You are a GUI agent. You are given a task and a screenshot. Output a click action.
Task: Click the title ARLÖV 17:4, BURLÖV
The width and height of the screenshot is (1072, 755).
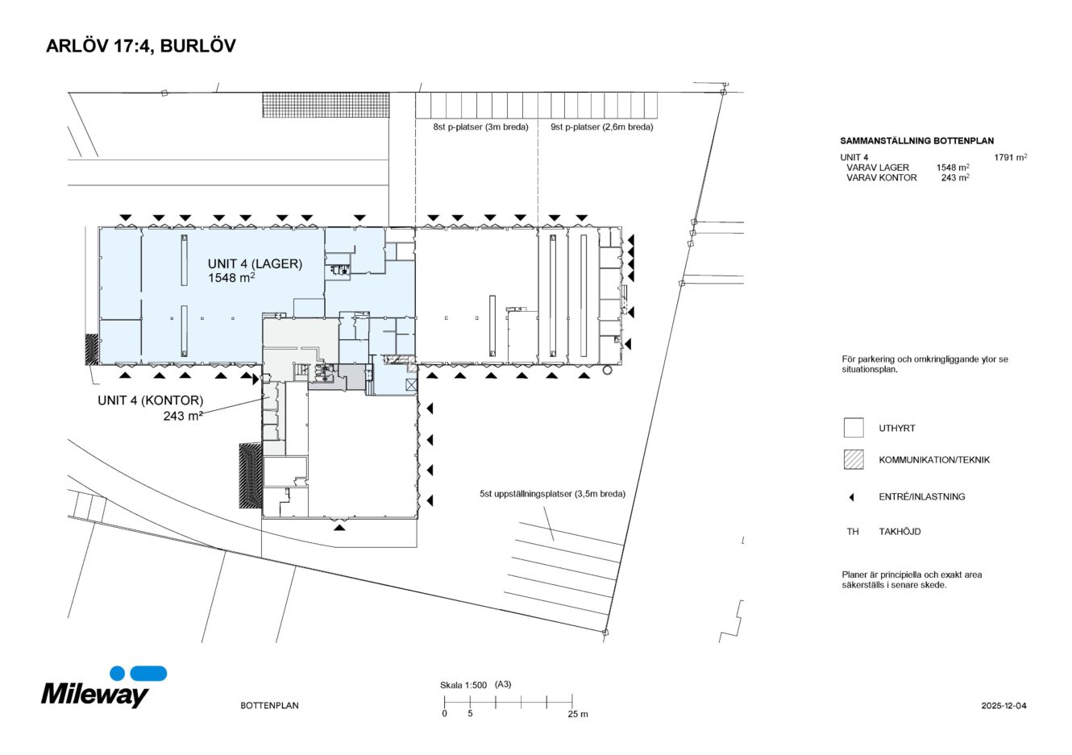click(140, 46)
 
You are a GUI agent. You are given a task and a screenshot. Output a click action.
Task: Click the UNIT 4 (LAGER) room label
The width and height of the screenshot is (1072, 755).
click(255, 263)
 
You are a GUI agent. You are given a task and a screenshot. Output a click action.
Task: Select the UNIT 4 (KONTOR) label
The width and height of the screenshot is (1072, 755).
click(150, 400)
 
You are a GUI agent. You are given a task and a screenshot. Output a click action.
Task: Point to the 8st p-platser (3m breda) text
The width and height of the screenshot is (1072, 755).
click(480, 127)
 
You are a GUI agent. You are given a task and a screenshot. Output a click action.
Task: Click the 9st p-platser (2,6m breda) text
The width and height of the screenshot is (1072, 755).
click(601, 127)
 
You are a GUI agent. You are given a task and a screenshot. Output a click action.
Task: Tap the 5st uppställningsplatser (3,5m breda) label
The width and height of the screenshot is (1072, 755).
click(552, 494)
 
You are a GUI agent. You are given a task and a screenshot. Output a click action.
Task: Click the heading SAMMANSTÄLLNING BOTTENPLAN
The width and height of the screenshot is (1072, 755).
click(916, 141)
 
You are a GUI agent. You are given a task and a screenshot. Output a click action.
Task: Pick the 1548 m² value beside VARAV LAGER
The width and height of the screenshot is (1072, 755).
click(952, 168)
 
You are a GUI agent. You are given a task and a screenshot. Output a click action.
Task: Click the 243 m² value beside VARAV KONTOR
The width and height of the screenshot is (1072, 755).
click(954, 178)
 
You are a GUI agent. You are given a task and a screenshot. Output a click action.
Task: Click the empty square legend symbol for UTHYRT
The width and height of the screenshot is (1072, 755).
click(853, 428)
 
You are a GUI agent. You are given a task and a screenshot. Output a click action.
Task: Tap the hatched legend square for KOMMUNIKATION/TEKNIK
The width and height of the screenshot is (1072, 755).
click(853, 459)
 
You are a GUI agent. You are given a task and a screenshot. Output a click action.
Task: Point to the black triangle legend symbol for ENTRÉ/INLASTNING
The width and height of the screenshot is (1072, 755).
click(851, 497)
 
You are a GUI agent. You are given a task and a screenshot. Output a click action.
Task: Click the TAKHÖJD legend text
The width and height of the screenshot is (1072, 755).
click(900, 532)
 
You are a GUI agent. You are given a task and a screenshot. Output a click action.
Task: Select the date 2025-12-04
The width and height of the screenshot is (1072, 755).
click(1003, 706)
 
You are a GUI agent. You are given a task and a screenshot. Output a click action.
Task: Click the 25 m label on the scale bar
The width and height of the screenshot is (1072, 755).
click(577, 714)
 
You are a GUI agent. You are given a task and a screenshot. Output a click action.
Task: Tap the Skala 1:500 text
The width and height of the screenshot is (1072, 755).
click(463, 685)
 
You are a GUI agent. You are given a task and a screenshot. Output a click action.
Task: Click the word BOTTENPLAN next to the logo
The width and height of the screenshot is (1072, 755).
click(269, 706)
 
